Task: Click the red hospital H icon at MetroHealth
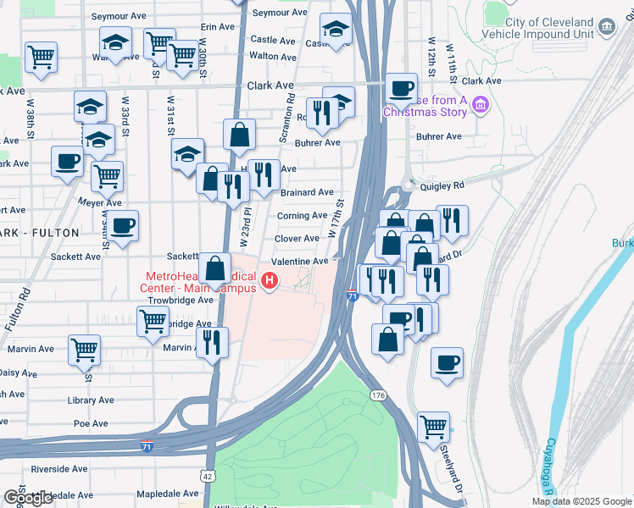point(270,281)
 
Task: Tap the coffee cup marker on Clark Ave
point(401,87)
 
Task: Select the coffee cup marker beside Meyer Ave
point(122,226)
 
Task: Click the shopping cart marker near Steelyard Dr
point(433,426)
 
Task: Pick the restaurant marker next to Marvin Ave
point(210,342)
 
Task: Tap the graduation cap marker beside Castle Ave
point(336,30)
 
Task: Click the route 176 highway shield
point(378,395)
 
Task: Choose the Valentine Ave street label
point(299,262)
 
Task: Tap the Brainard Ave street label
point(306,193)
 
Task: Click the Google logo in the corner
point(28,498)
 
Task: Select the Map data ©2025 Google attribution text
point(581,501)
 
